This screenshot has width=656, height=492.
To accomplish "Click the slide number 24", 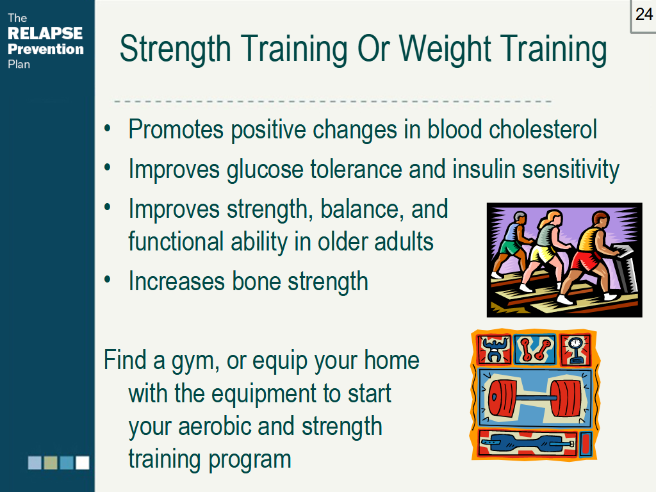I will [x=643, y=15].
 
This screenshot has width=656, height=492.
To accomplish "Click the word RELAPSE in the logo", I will [x=45, y=33].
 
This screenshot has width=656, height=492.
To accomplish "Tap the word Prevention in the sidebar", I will [x=45, y=49].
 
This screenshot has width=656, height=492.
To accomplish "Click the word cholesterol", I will [x=543, y=129].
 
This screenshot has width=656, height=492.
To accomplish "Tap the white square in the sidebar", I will [x=83, y=463].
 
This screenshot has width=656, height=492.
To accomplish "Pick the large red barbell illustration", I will [x=534, y=398].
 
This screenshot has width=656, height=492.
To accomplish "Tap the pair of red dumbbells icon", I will [x=534, y=348].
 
